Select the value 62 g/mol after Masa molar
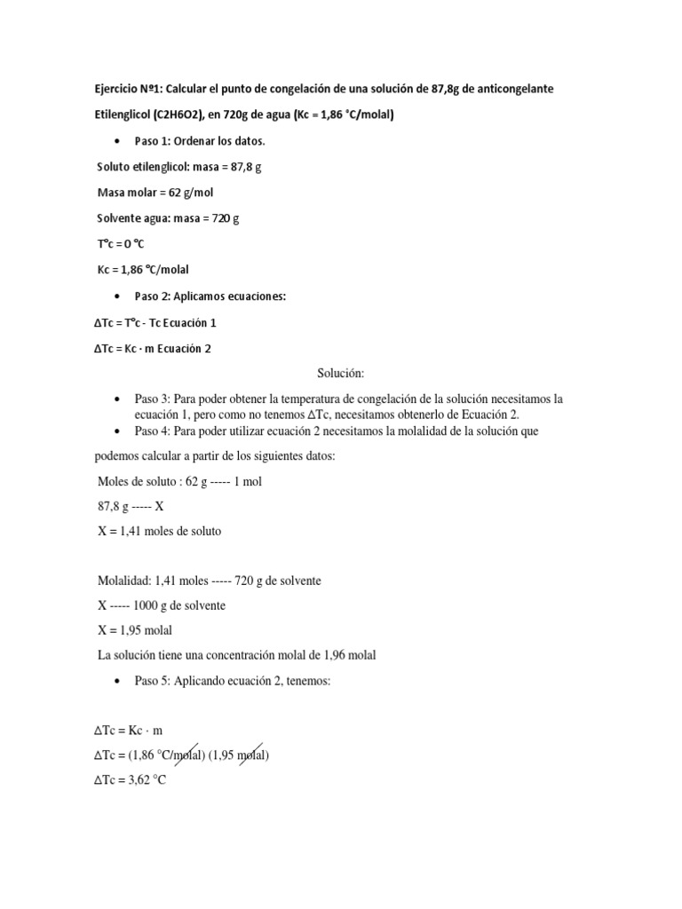tap(186, 193)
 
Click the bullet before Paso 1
tap(118, 142)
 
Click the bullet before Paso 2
tap(118, 296)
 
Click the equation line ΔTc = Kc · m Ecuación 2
tap(153, 348)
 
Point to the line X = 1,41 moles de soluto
tap(159, 531)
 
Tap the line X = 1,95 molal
tap(134, 630)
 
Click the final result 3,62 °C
tap(147, 781)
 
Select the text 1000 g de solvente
tap(186, 605)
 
